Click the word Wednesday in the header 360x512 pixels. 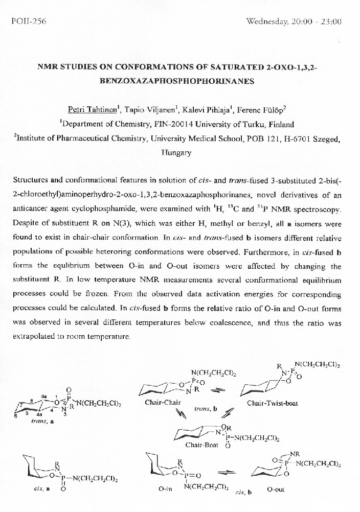266,21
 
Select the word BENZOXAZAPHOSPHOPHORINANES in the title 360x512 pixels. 179,81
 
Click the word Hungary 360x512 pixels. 176,152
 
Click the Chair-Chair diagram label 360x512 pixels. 163,402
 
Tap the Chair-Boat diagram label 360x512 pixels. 201,445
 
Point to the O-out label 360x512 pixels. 276,489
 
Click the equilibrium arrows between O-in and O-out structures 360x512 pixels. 231,471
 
